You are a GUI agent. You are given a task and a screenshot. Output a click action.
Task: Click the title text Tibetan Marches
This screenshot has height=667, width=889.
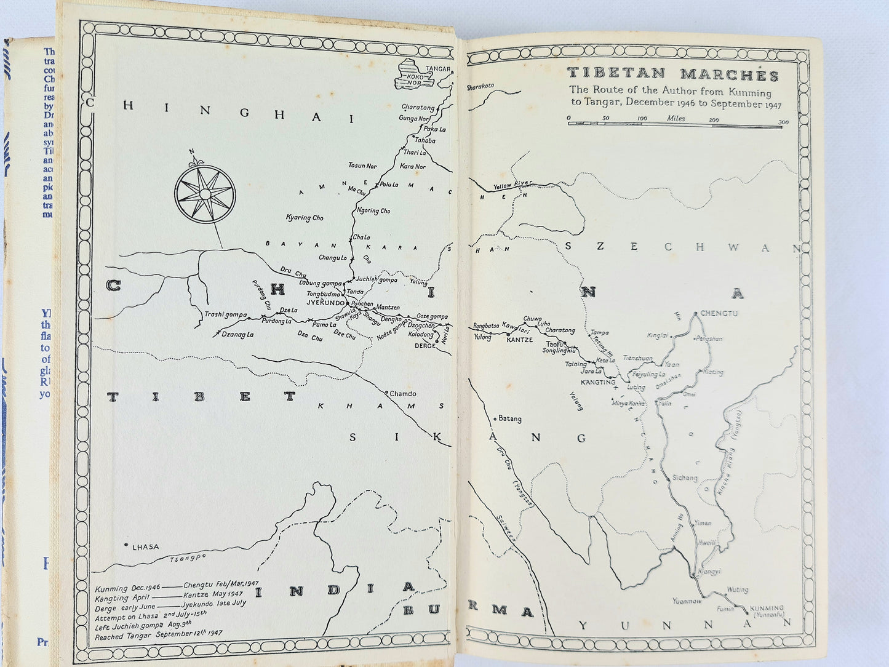pyautogui.click(x=672, y=75)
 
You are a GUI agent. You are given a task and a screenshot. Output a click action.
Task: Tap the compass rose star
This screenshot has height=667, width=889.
pyautogui.click(x=204, y=193)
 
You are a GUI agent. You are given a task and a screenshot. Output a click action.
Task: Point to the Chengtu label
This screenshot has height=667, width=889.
pyautogui.click(x=719, y=313)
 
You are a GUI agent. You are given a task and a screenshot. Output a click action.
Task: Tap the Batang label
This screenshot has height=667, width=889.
pyautogui.click(x=509, y=418)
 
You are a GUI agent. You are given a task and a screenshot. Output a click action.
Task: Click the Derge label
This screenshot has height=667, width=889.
pyautogui.click(x=425, y=346)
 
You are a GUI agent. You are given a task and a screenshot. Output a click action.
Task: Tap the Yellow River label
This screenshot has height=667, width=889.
pyautogui.click(x=512, y=186)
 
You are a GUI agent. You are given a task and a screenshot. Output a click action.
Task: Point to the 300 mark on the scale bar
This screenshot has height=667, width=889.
pyautogui.click(x=783, y=122)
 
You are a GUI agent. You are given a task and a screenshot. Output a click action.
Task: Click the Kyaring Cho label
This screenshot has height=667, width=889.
pyautogui.click(x=305, y=218)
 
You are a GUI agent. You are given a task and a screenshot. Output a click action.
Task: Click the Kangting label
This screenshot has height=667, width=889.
pyautogui.click(x=598, y=382)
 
